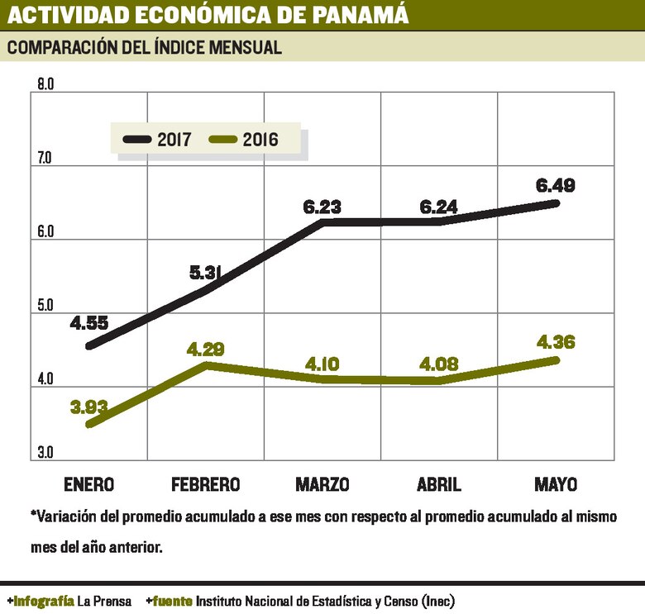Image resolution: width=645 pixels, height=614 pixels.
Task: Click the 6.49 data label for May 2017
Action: [x=555, y=185]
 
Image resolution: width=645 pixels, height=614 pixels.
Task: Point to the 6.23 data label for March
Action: [x=322, y=207]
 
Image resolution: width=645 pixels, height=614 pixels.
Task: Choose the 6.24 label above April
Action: [x=439, y=207]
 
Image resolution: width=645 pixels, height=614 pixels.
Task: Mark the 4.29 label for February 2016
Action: [x=206, y=349]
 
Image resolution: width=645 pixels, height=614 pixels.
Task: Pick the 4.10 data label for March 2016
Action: [x=322, y=363]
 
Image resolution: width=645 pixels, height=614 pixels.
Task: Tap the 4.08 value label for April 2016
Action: [x=439, y=363]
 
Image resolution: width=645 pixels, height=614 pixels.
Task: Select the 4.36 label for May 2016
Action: [x=555, y=341]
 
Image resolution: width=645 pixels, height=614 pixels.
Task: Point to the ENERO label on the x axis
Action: [x=88, y=483]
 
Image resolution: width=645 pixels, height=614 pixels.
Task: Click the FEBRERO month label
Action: [x=206, y=483]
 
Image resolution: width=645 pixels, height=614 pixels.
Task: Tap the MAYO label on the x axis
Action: [x=555, y=483]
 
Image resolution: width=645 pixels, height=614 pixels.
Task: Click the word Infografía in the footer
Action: [x=42, y=601]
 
